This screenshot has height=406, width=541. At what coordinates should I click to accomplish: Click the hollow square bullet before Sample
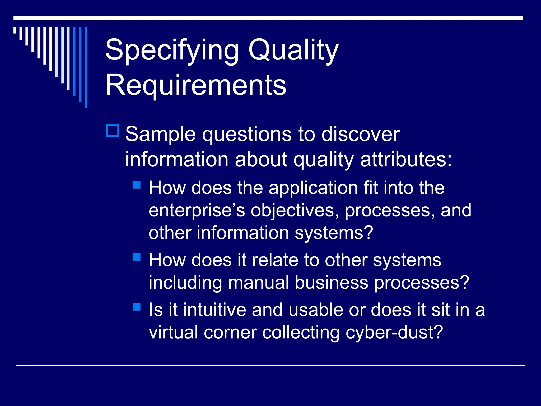113,130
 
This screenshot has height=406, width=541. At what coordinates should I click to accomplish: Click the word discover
360,134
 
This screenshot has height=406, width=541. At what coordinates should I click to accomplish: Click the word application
313,188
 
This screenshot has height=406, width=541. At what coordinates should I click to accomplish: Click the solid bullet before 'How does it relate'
137,257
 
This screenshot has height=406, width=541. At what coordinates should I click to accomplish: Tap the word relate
275,260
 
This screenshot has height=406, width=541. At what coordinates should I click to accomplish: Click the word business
331,283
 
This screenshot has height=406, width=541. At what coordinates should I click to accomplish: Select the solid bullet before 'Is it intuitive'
137,307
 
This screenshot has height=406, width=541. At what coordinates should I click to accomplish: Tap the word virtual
173,332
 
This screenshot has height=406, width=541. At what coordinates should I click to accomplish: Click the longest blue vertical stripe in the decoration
86,67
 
